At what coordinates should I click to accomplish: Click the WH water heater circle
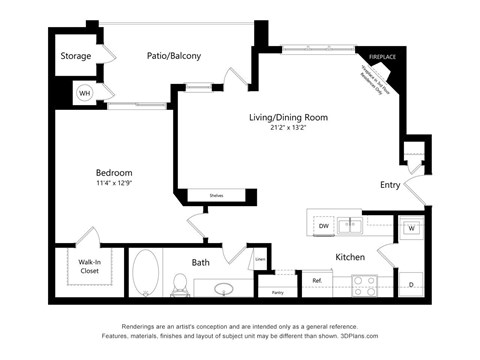tap(84, 92)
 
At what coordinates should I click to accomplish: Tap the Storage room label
tap(77, 56)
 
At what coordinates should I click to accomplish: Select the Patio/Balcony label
tap(174, 56)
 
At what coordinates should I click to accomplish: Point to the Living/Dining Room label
tap(288, 118)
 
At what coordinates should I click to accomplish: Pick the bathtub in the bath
tap(146, 272)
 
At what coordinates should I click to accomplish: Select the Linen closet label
tap(260, 260)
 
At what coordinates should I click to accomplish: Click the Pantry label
tap(277, 293)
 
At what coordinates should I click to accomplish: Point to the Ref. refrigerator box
tap(317, 282)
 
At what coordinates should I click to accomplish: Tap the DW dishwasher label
tap(323, 227)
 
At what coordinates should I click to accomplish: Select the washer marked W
tap(411, 228)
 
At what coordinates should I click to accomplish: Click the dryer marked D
tap(411, 285)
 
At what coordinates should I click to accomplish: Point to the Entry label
tap(391, 185)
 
